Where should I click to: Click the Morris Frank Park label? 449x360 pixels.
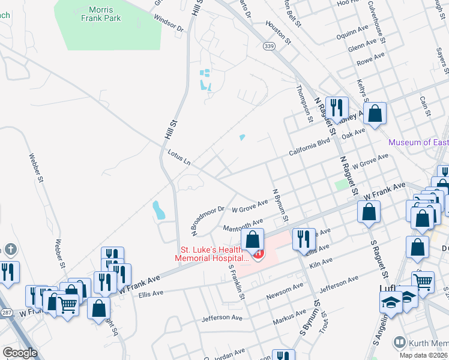click(104, 14)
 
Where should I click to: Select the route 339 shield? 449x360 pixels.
click(268, 46)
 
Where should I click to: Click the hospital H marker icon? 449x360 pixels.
click(258, 254)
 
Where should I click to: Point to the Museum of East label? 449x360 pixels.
click(418, 142)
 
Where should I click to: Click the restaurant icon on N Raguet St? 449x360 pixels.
click(337, 108)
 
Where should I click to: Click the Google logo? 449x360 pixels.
click(20, 353)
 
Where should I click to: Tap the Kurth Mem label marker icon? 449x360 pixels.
click(399, 343)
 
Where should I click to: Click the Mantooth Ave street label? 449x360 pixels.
click(243, 227)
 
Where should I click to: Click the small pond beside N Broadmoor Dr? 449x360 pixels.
click(158, 209)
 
